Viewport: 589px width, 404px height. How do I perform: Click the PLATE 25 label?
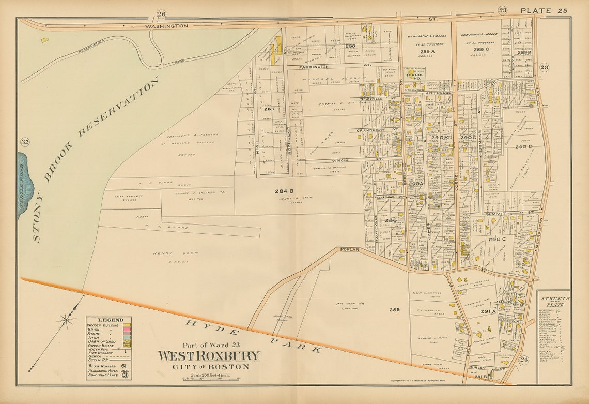coord(544,10)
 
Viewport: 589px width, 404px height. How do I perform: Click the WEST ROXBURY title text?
coord(209,356)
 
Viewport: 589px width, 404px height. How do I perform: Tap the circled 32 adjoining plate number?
coord(24,142)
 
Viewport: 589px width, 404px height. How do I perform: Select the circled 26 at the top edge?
coord(162,14)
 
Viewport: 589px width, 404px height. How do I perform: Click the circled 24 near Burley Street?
coord(525,360)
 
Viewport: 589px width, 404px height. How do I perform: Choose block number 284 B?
coord(284,191)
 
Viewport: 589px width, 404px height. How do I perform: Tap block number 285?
coord(394,310)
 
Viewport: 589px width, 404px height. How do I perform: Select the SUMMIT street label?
coord(498,213)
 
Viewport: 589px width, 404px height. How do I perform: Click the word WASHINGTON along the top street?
coord(166,25)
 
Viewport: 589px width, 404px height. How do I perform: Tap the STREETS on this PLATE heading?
coord(553,302)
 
